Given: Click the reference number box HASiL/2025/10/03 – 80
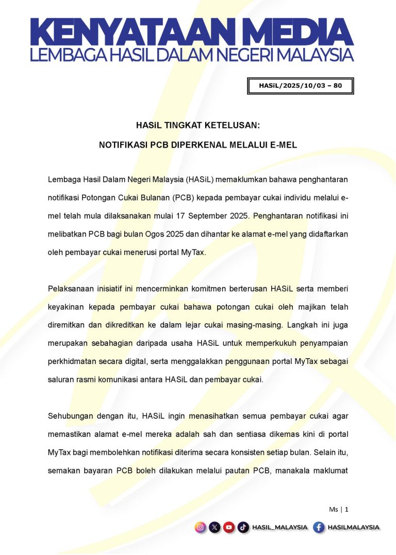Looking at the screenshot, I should pyautogui.click(x=301, y=86).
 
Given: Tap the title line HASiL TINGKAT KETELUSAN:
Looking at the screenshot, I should pyautogui.click(x=198, y=125).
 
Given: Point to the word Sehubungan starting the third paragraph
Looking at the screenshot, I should pyautogui.click(x=71, y=415).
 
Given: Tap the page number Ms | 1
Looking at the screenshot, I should pyautogui.click(x=339, y=509).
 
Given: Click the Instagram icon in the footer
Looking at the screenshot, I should pyautogui.click(x=201, y=528).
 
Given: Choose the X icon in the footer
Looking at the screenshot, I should pyautogui.click(x=215, y=528).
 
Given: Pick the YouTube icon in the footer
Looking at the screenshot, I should pyautogui.click(x=229, y=528).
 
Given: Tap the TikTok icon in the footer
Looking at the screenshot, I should pyautogui.click(x=243, y=528).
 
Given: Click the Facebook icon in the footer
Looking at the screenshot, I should pyautogui.click(x=319, y=528).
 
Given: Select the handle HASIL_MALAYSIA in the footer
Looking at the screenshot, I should pyautogui.click(x=279, y=528).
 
